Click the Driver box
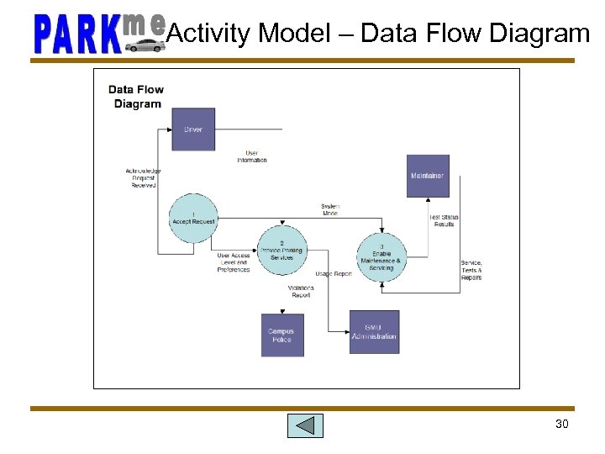click(193, 129)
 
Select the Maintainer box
click(428, 176)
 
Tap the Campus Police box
click(282, 335)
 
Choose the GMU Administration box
click(375, 332)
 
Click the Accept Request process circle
click(193, 219)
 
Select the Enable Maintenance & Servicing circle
click(381, 256)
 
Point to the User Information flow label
click(252, 156)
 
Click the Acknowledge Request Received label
click(144, 178)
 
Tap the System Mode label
click(330, 209)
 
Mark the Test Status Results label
click(444, 221)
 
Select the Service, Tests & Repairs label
click(471, 270)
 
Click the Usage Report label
click(334, 274)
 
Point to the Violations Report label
click(301, 291)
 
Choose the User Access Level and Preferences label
click(234, 262)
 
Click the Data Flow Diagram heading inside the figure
click(136, 97)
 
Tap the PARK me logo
click(98, 34)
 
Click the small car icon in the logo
click(145, 45)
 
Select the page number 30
click(562, 424)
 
